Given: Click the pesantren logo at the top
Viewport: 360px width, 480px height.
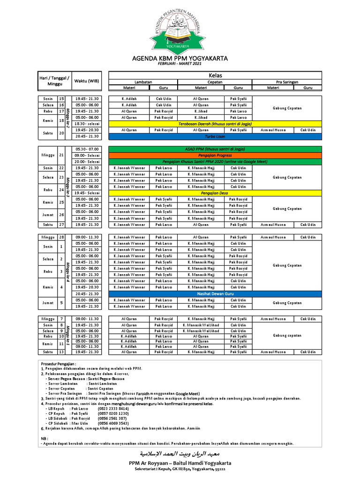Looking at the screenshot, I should pos(180,27).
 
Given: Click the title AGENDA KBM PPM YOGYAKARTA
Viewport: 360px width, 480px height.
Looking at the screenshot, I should pos(180,59).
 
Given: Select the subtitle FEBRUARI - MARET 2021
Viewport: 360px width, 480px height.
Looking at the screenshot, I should pos(180,64).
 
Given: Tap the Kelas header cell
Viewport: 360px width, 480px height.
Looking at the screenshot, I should pos(215,75).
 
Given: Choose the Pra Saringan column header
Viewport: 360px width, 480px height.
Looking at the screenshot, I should pos(286,82).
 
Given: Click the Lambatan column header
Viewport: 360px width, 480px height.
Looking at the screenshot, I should pos(143,82).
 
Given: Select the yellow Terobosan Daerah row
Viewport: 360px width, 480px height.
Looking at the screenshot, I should pos(215,124).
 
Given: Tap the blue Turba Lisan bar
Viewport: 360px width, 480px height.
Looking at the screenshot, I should pos(215,136).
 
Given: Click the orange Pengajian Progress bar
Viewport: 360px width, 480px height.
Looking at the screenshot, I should pos(215,155).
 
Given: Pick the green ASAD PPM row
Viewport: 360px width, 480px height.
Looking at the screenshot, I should pos(215,149).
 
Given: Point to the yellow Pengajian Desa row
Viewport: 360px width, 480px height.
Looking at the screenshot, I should pos(215,193).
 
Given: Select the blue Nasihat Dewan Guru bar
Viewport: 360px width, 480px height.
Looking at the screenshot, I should pos(215,293).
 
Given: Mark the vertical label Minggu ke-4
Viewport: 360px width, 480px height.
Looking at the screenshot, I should pos(68,271).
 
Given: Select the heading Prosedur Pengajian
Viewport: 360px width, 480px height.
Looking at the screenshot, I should pos(59,363).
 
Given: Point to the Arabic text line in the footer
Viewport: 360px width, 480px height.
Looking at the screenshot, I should pos(180,454).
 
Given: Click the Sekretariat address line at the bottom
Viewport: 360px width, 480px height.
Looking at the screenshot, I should pos(180,469).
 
